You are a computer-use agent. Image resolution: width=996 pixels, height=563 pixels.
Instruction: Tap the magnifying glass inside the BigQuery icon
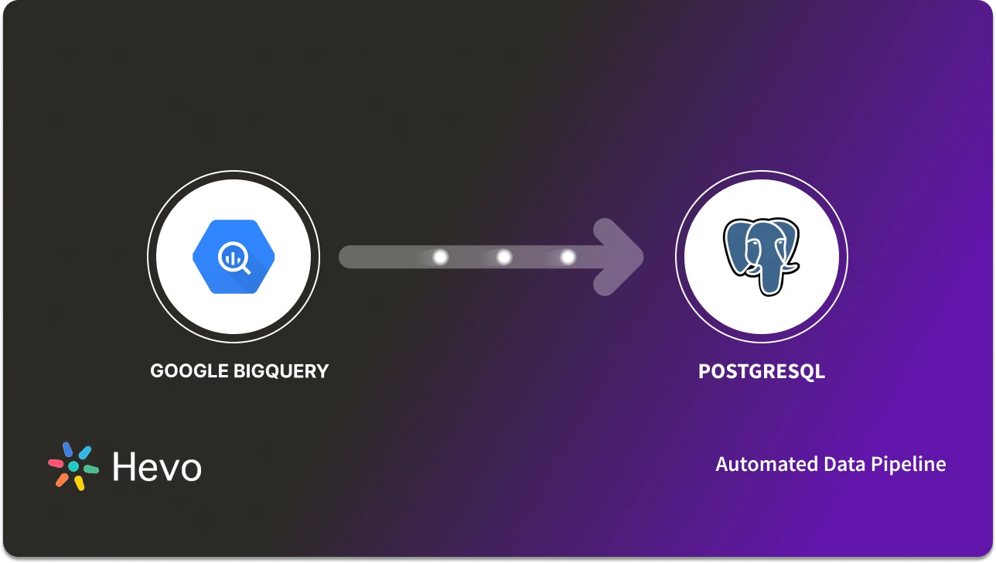(234, 258)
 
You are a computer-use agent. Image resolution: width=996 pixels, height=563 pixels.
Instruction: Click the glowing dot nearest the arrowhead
(568, 257)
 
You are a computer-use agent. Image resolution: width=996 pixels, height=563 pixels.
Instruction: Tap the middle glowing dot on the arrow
(504, 257)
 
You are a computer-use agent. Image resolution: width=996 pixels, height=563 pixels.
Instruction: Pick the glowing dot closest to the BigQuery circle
(441, 257)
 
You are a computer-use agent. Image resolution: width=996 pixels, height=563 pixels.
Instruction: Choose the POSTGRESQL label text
(762, 371)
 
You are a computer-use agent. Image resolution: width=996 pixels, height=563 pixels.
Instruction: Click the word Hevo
(157, 467)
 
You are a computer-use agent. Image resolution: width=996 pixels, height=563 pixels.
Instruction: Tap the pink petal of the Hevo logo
(56, 463)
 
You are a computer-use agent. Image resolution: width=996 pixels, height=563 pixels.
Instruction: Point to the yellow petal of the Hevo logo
(79, 483)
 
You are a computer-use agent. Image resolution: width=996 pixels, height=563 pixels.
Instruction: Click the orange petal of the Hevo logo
(62, 479)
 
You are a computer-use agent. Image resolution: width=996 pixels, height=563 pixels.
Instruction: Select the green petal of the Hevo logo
(90, 469)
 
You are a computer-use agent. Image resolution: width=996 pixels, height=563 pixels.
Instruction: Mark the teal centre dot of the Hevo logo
(73, 466)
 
